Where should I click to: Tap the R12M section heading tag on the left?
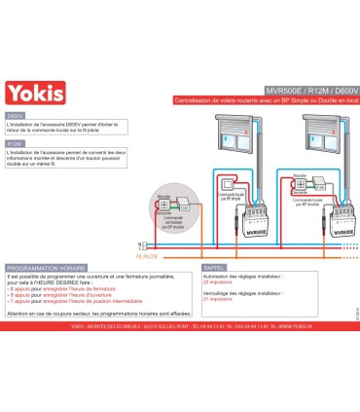[17, 144]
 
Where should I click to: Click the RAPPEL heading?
[215, 266]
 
